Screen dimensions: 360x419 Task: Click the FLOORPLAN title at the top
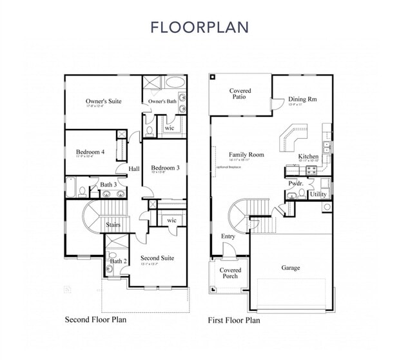(x=199, y=27)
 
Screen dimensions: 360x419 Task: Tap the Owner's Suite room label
(x=104, y=101)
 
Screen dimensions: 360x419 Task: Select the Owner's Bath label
(x=162, y=102)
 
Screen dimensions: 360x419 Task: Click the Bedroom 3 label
(x=165, y=168)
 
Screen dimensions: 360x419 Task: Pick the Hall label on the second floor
(x=134, y=169)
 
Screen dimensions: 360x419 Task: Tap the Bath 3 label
(x=108, y=185)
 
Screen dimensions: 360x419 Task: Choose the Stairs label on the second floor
(x=113, y=225)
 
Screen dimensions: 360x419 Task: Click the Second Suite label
(x=157, y=258)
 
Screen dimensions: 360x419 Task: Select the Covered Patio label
(x=240, y=95)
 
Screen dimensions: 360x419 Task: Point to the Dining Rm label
(x=302, y=99)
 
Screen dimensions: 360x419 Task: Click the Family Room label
(x=246, y=155)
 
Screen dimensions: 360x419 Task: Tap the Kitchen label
(x=308, y=157)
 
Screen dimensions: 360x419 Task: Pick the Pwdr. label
(x=296, y=183)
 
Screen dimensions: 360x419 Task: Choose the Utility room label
(x=318, y=194)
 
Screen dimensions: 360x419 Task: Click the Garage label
(x=290, y=268)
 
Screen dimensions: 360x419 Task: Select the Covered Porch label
(x=230, y=273)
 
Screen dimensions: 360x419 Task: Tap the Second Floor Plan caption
(x=95, y=319)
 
